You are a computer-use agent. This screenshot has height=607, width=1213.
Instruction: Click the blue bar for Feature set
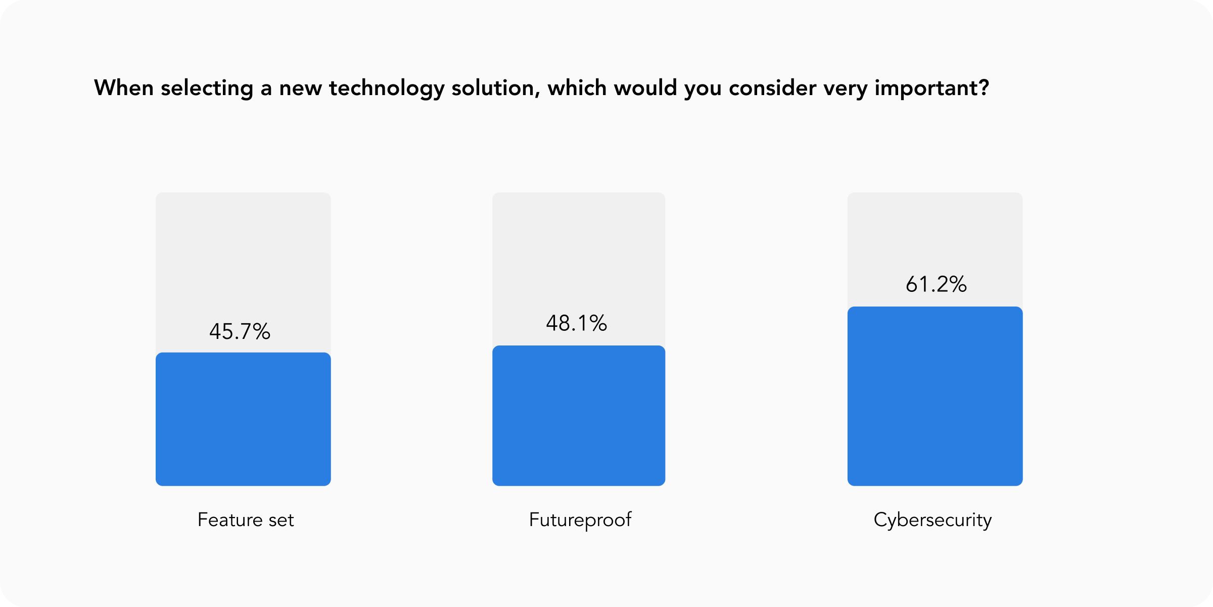click(x=243, y=419)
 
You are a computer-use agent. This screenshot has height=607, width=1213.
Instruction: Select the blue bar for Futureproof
click(x=579, y=415)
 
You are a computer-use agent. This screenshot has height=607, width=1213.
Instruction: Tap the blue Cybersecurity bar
click(x=935, y=396)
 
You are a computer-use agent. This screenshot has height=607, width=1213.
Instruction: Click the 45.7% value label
click(x=240, y=332)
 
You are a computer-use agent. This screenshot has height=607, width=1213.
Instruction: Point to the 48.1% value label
click(x=576, y=323)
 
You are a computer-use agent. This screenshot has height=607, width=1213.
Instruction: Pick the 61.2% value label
click(x=936, y=284)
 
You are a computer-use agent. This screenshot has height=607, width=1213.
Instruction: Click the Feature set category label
click(x=246, y=520)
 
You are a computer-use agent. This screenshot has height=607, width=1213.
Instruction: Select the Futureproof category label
click(x=580, y=520)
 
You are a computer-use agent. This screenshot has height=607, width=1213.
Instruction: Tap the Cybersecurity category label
click(x=932, y=520)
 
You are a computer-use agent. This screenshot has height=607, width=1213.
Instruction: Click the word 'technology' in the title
click(x=387, y=89)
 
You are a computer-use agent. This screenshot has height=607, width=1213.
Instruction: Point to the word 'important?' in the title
click(x=931, y=89)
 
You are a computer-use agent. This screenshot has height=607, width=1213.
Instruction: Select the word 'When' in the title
click(x=124, y=88)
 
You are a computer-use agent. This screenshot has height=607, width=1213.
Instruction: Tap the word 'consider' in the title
click(x=772, y=88)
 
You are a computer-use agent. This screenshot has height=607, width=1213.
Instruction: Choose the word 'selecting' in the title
click(x=207, y=89)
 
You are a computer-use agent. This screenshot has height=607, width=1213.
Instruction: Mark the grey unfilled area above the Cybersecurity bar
click(x=935, y=233)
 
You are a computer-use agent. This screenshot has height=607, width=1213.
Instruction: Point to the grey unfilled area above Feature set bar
click(x=243, y=253)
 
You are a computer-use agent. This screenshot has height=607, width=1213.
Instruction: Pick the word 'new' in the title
click(x=300, y=89)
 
